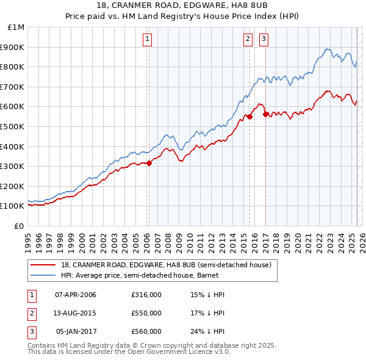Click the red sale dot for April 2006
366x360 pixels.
click(x=149, y=163)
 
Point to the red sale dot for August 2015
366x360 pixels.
click(x=249, y=117)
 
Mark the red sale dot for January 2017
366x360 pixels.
click(x=265, y=114)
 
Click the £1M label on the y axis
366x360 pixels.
click(x=16, y=27)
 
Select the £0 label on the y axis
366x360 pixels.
click(x=19, y=226)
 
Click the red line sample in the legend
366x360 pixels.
click(x=43, y=265)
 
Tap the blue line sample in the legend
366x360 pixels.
click(x=43, y=275)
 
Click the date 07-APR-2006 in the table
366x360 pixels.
click(x=76, y=295)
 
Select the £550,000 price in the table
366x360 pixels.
click(x=146, y=313)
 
